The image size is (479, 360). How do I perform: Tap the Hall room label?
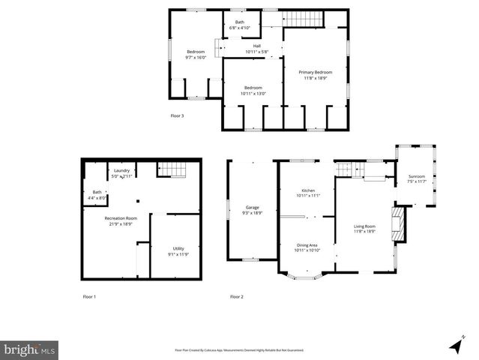(256, 49)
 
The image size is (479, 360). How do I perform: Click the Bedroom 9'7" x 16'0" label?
(195, 54)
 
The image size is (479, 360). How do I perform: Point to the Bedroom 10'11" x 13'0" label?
(253, 91)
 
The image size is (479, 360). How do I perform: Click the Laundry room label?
(121, 173)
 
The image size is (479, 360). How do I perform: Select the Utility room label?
(178, 250)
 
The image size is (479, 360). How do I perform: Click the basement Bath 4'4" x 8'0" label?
(97, 195)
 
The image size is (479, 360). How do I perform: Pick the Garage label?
(252, 210)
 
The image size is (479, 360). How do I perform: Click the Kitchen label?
(307, 193)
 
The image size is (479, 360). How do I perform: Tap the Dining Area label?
(307, 247)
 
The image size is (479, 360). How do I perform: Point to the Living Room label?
(365, 229)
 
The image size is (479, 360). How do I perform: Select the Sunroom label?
(416, 179)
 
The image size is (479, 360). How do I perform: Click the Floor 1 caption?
(89, 297)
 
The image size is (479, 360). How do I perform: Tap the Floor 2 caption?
(237, 297)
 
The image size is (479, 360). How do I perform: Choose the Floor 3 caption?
(177, 115)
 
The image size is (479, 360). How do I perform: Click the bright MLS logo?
(30, 349)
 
